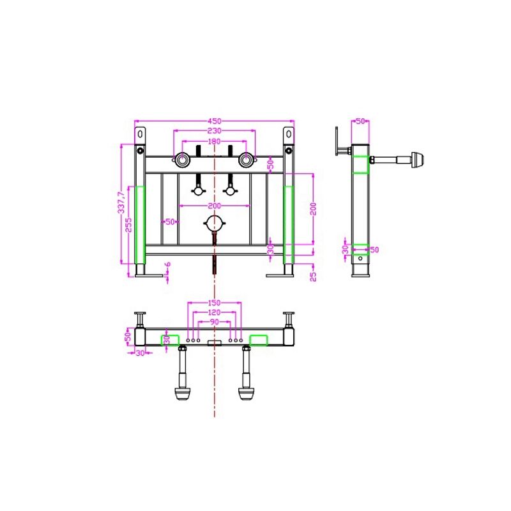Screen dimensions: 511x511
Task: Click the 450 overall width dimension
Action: [214, 121]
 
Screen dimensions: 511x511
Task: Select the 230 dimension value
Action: [214, 131]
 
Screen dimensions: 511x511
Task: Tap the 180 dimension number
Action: [214, 141]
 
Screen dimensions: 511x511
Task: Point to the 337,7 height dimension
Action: [121, 202]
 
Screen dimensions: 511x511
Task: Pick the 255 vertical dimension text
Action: [129, 225]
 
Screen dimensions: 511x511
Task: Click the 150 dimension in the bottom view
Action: [214, 303]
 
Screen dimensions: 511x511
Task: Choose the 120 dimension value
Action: [214, 312]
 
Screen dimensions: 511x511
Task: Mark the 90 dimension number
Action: [214, 322]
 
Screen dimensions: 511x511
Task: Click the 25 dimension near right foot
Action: [313, 277]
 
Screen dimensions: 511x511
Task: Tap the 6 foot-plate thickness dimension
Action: [168, 264]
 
